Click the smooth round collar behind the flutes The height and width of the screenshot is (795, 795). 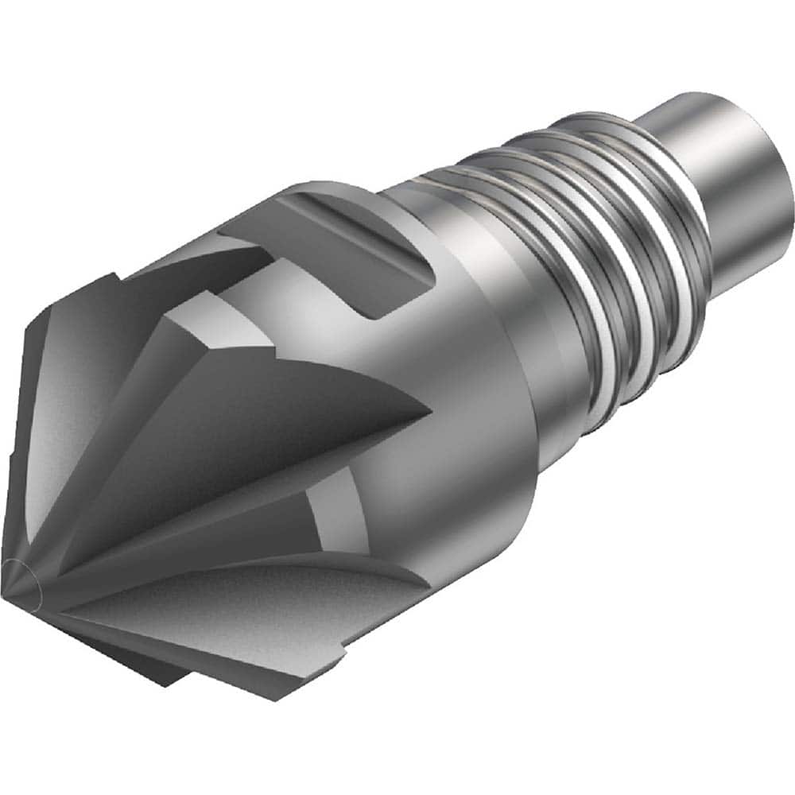pyautogui.click(x=477, y=382)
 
